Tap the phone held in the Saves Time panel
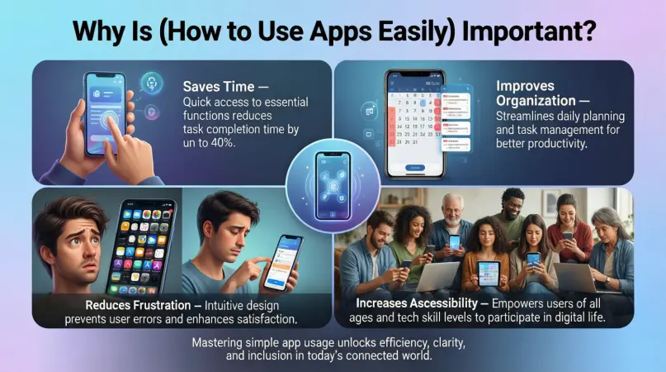click(x=105, y=112)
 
